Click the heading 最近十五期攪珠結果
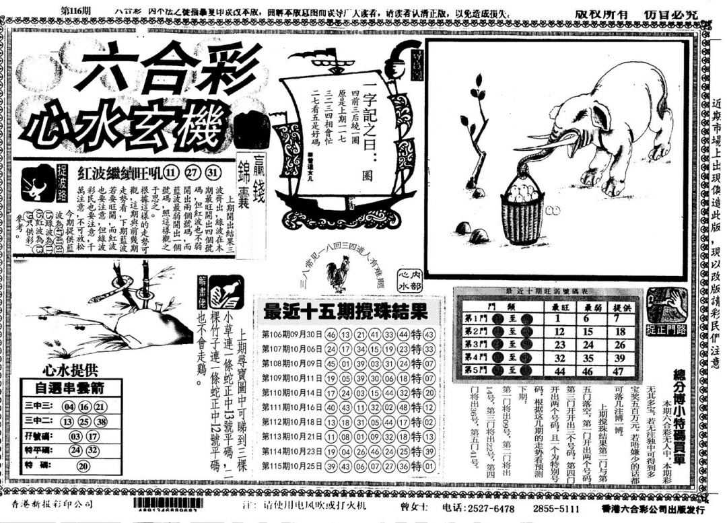[x=345, y=311]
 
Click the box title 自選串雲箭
[x=69, y=388]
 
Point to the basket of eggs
[x=522, y=212]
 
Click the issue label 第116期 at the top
[x=75, y=11]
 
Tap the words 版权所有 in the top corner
[x=603, y=13]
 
